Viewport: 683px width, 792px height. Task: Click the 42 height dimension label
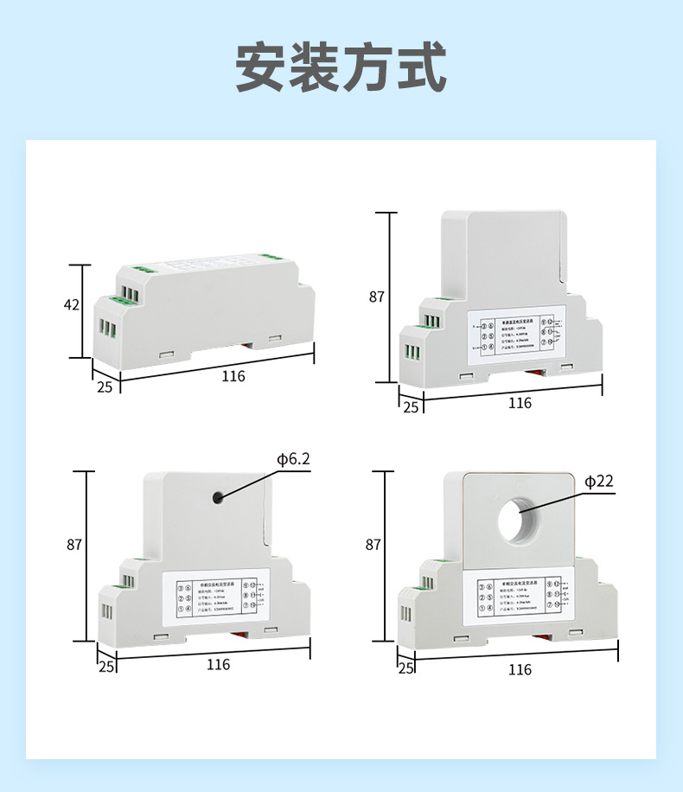(x=72, y=304)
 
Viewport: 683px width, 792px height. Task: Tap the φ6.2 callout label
(x=293, y=459)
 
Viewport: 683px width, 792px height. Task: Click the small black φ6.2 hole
(x=218, y=497)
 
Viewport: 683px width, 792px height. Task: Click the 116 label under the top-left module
(x=233, y=376)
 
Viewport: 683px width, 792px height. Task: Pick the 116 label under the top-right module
(x=520, y=403)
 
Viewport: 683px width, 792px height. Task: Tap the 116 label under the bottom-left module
(x=218, y=664)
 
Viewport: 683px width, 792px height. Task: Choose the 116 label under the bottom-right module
(x=520, y=670)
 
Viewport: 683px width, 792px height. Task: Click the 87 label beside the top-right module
(x=376, y=297)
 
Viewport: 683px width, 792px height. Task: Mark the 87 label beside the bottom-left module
(x=74, y=545)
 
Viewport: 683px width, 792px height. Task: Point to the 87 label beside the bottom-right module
(x=373, y=545)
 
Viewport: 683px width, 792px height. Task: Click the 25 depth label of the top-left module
(x=105, y=386)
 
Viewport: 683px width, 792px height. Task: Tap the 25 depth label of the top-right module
(x=411, y=406)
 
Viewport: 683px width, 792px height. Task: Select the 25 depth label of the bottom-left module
(x=106, y=667)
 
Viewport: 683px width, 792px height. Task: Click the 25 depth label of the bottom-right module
(x=405, y=669)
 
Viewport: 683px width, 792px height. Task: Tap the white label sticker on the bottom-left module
(x=215, y=595)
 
